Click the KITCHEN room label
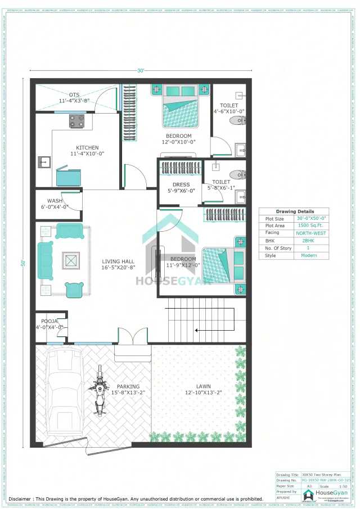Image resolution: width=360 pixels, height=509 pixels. pos(87,147)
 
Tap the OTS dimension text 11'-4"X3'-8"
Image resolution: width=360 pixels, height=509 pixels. pos(74,101)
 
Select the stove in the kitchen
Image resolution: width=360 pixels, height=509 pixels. pos(76,121)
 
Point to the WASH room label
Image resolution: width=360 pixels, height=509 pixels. pos(55,201)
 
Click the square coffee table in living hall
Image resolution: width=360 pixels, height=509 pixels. pos(71,260)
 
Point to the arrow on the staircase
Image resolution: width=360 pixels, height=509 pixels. pos(197,331)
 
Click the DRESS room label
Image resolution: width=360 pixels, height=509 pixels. pos(181,184)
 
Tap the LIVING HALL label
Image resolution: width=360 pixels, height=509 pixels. pos(118,262)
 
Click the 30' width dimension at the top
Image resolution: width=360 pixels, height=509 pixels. pos(141,70)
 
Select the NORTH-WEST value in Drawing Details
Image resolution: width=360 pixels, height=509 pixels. pos(312,233)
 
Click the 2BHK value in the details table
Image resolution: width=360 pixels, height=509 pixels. pos(308,240)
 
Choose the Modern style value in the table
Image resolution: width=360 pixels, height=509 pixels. pos(308,255)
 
